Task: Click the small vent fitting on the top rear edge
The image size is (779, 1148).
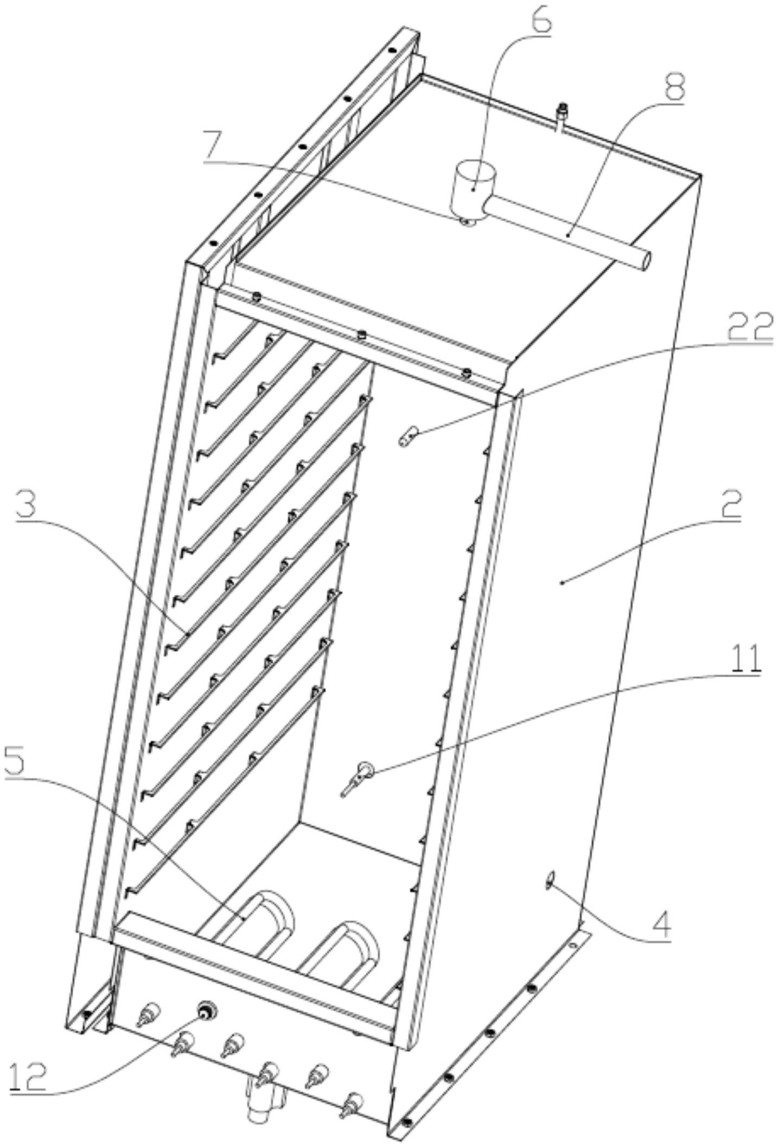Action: pos(561,116)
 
